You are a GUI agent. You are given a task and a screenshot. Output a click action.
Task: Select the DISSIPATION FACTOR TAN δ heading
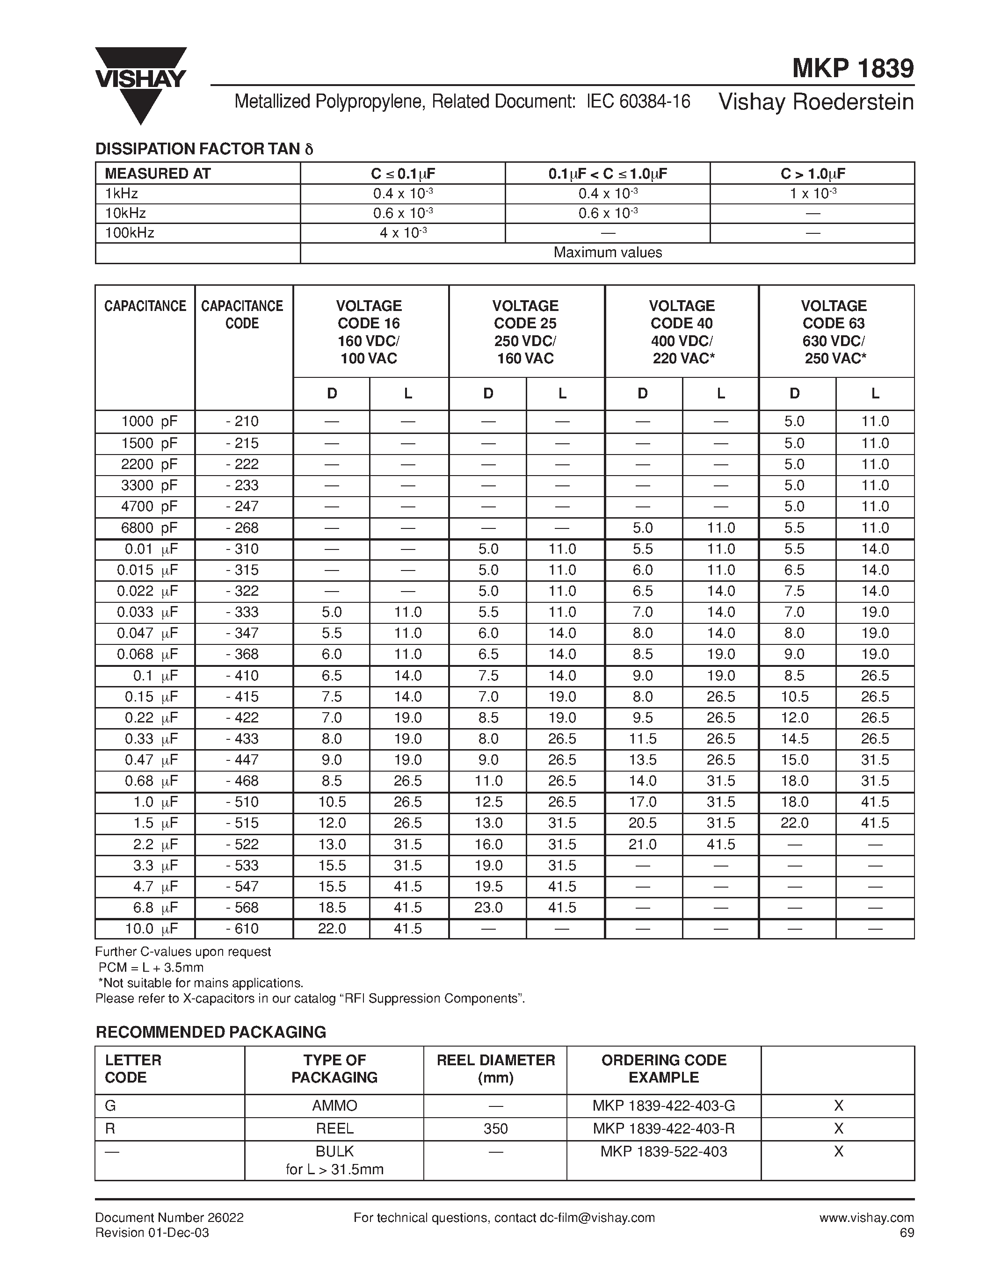pyautogui.click(x=204, y=149)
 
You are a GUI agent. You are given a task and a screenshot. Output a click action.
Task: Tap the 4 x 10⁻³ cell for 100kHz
pyautogui.click(x=403, y=232)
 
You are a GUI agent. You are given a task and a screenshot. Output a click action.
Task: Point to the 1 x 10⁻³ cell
pyautogui.click(x=812, y=193)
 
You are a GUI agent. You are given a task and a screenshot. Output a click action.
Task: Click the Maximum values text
pyautogui.click(x=607, y=253)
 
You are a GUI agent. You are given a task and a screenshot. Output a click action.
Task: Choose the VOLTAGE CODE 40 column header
pyautogui.click(x=682, y=332)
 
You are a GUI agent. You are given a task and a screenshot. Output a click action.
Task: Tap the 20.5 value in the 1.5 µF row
pyautogui.click(x=642, y=823)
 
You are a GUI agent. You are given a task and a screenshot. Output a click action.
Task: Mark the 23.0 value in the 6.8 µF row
pyautogui.click(x=488, y=907)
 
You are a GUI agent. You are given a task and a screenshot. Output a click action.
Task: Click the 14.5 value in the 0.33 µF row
pyautogui.click(x=794, y=739)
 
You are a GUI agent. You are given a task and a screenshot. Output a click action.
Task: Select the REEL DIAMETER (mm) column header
pyautogui.click(x=495, y=1069)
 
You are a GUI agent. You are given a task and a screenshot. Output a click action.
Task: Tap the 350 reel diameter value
pyautogui.click(x=495, y=1128)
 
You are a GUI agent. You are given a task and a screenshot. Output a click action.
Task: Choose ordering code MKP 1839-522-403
pyautogui.click(x=664, y=1151)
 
